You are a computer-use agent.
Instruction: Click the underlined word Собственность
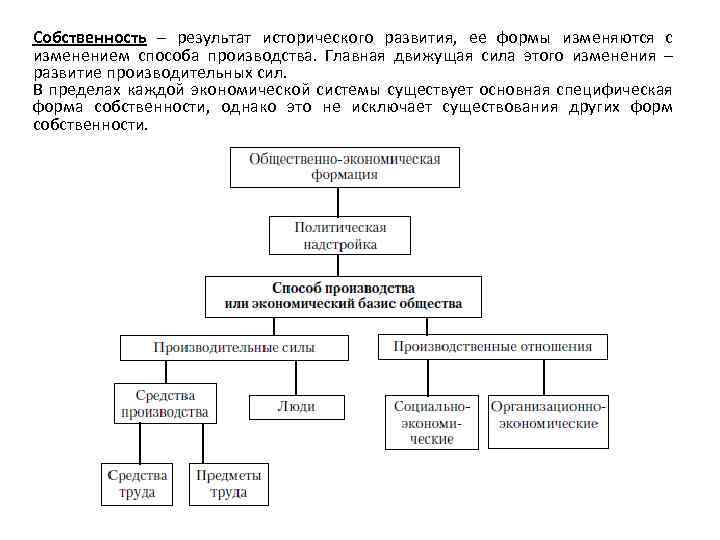(89, 38)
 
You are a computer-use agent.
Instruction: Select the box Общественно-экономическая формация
(344, 166)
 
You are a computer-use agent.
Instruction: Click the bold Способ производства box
(343, 295)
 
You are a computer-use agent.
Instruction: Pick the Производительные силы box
(234, 348)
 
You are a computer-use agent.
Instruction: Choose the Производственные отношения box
(492, 347)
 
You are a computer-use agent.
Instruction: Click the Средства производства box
(165, 403)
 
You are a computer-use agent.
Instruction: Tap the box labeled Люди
(296, 407)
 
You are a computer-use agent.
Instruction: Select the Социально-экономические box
(431, 422)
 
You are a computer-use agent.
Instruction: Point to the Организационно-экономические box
(547, 415)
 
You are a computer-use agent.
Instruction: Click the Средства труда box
(136, 483)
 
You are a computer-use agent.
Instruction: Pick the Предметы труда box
(229, 483)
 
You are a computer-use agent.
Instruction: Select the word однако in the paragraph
(247, 108)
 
